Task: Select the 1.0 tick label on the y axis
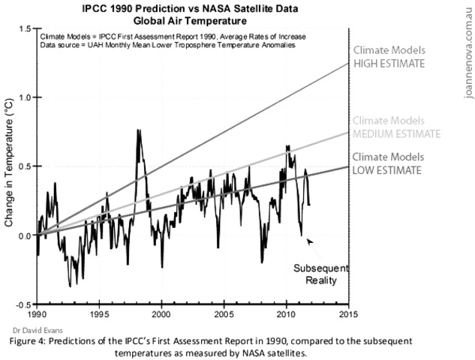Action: pyautogui.click(x=27, y=97)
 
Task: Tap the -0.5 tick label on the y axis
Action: pyautogui.click(x=26, y=305)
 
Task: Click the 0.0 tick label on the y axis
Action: pyautogui.click(x=27, y=236)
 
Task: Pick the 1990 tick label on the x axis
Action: pyautogui.click(x=38, y=315)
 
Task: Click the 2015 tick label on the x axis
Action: pyautogui.click(x=348, y=315)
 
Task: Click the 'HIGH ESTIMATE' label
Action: pyautogui.click(x=390, y=64)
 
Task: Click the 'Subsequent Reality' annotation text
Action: pyautogui.click(x=315, y=274)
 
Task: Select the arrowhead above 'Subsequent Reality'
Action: pyautogui.click(x=309, y=240)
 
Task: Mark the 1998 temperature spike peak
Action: pyautogui.click(x=138, y=130)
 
